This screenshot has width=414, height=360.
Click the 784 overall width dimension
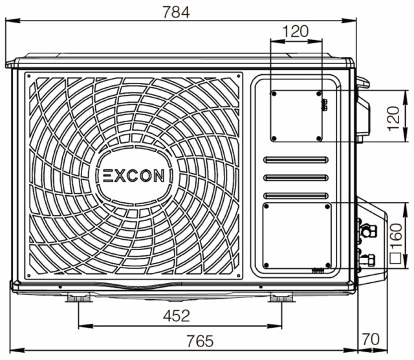(176, 12)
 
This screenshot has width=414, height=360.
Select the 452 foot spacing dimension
(177, 315)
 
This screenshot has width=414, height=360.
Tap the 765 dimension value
(200, 341)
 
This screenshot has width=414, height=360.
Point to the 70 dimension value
(371, 339)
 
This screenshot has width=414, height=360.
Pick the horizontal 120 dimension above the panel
(296, 31)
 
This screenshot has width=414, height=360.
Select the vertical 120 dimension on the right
(394, 118)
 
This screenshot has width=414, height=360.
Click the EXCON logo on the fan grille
(134, 176)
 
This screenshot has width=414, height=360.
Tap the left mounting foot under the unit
(79, 297)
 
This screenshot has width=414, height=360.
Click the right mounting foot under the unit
(281, 297)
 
